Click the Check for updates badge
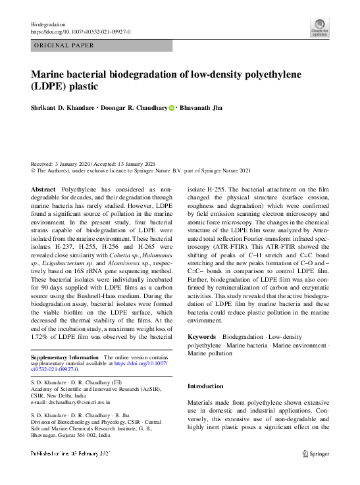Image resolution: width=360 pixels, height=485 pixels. coord(321,28)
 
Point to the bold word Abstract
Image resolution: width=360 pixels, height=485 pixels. coord(43,189)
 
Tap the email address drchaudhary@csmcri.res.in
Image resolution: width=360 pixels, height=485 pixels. coord(70,401)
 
